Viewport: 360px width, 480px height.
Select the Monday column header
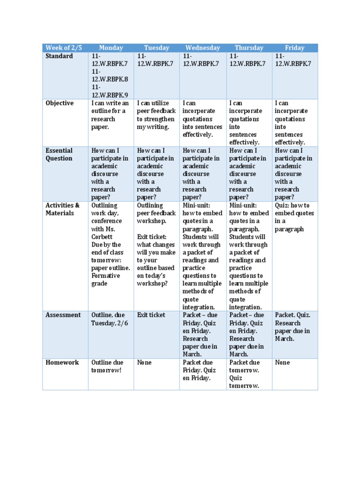(111, 48)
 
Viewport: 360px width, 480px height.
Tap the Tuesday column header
(157, 48)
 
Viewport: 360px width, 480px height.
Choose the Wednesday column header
(202, 48)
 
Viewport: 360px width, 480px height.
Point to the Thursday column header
(249, 48)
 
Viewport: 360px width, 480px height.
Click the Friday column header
(294, 48)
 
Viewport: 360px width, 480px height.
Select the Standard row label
(59, 56)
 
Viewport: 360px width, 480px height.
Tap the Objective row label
(60, 103)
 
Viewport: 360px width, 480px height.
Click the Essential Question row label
(59, 154)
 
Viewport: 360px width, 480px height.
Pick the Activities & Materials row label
(62, 209)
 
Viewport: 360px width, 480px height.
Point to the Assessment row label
(63, 315)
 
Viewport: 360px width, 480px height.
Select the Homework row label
(62, 362)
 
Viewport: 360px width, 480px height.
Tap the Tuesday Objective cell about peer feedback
(156, 115)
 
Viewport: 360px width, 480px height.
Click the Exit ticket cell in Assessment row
(151, 315)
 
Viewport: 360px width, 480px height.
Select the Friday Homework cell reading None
(283, 362)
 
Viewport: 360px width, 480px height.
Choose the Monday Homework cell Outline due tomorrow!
(107, 366)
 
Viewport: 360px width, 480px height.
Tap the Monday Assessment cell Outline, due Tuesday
(108, 319)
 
